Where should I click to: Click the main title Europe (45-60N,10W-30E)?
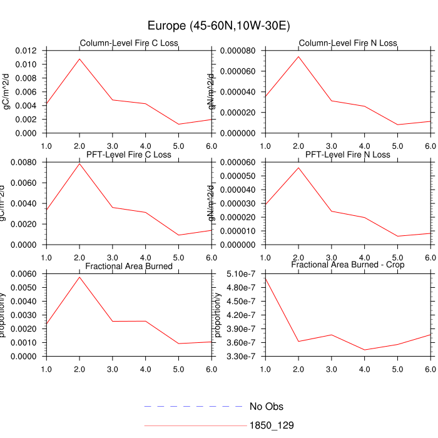[218, 26]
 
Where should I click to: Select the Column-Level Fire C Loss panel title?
[130, 43]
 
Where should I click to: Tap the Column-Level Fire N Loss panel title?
[348, 43]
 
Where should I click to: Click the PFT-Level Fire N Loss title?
[348, 155]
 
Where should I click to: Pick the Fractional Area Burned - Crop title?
[348, 265]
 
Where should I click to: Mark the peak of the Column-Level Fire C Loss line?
[79, 59]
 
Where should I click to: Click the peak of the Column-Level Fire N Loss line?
[298, 56]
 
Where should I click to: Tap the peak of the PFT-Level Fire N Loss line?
[298, 167]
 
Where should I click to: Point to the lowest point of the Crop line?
[365, 350]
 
